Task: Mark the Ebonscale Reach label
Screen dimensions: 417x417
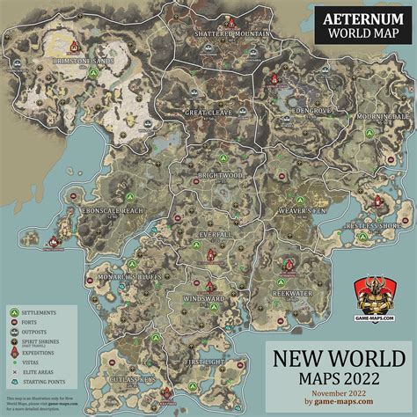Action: tap(101, 211)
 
